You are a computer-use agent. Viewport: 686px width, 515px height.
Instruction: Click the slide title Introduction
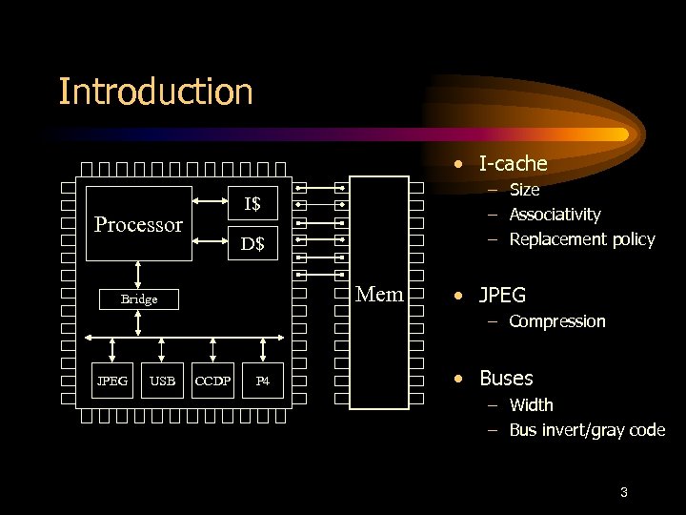[155, 93]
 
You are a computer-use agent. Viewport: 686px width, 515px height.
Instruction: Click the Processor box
[138, 224]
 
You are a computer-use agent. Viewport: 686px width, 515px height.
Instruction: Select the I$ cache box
[252, 203]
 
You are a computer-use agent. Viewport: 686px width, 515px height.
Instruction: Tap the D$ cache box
[252, 244]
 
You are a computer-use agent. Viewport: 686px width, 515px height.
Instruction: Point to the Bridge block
[139, 299]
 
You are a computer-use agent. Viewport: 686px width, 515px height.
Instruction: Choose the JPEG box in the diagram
[112, 381]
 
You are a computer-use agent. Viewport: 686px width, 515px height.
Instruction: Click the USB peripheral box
[163, 381]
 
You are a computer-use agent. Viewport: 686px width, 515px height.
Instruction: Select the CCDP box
[213, 381]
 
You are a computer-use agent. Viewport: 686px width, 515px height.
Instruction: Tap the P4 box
[264, 381]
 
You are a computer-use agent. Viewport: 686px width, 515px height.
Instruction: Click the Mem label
[379, 294]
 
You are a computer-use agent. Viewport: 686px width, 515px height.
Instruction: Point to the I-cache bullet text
[513, 164]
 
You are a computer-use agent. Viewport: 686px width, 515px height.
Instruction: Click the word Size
[524, 190]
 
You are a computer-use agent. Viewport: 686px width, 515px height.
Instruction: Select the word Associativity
[555, 215]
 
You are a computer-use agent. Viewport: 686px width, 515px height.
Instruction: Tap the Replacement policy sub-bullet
[582, 239]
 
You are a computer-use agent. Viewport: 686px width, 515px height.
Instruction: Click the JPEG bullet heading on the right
[502, 296]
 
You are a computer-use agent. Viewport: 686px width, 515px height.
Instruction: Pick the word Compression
[556, 321]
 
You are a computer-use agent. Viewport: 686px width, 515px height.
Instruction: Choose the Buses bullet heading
[506, 379]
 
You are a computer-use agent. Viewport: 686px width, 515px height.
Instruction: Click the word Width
[531, 405]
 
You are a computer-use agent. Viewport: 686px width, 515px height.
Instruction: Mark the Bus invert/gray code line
[587, 430]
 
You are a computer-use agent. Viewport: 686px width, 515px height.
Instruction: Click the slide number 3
[623, 493]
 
